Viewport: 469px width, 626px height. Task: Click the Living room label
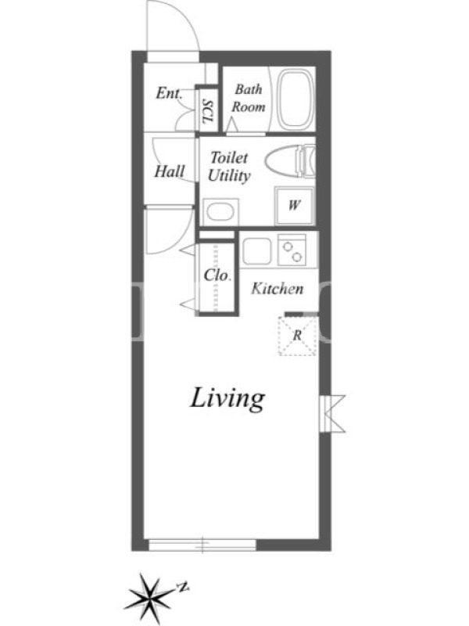[x=227, y=399]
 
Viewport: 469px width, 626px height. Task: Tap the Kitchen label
[x=277, y=289]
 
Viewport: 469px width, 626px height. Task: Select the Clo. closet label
[x=217, y=275]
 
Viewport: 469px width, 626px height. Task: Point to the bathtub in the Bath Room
[x=296, y=99]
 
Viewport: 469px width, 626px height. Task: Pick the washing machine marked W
[x=295, y=205]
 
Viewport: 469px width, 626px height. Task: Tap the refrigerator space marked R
[x=297, y=336]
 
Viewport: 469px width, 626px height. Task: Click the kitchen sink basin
[x=256, y=250]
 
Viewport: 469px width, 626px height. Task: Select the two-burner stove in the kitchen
[x=292, y=250]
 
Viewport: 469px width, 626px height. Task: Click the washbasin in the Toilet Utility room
[x=220, y=211]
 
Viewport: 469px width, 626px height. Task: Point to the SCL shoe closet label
[x=208, y=111]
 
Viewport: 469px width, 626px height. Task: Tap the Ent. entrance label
[x=169, y=93]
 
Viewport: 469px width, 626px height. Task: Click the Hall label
[x=170, y=171]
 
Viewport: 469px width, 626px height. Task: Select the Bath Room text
[x=249, y=98]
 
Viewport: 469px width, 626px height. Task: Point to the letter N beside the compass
[x=183, y=588]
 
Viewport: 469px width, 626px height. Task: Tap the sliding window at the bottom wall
[x=202, y=545]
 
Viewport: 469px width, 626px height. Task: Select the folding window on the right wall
[x=332, y=414]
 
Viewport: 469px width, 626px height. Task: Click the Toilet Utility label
[x=229, y=167]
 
